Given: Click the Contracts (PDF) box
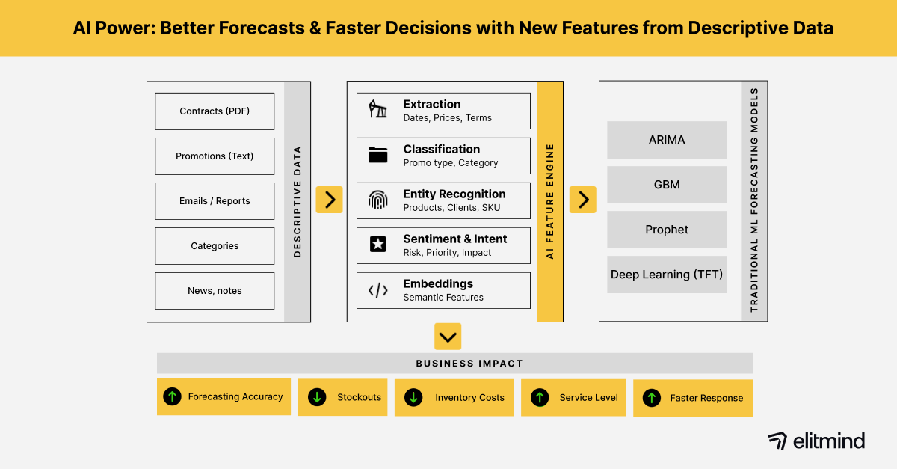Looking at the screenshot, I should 215,111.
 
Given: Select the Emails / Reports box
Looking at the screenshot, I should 215,201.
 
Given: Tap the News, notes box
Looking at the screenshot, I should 215,291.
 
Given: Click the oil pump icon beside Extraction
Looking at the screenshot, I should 378,111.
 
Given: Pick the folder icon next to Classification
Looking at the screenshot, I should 378,156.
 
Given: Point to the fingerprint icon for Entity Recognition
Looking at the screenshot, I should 378,200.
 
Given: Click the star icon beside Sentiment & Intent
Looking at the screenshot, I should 378,245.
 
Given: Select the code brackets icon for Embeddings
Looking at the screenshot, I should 378,290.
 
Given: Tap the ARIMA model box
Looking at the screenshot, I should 667,140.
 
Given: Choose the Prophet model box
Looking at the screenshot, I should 667,230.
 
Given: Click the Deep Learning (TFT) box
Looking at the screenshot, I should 667,275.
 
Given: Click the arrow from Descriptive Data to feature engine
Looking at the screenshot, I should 329,200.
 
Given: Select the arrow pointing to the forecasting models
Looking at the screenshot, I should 583,200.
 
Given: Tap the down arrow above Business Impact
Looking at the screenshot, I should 448,337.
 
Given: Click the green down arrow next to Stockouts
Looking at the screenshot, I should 317,397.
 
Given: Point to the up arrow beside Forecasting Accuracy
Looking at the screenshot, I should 173,396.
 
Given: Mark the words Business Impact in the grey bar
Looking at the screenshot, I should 469,364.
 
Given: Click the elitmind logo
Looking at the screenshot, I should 816,441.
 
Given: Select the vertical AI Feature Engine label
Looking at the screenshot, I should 549,201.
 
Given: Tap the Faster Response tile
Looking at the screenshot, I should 693,398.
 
